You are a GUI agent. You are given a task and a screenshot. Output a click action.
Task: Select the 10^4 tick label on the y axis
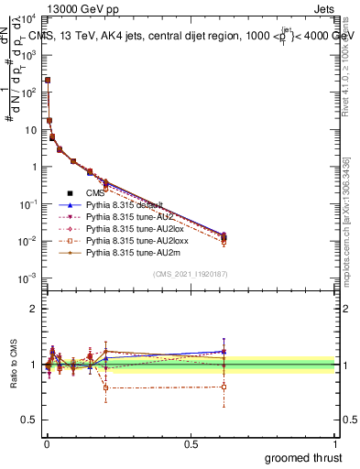[27, 18]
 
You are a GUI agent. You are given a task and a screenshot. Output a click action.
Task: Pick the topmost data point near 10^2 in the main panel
[48, 81]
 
